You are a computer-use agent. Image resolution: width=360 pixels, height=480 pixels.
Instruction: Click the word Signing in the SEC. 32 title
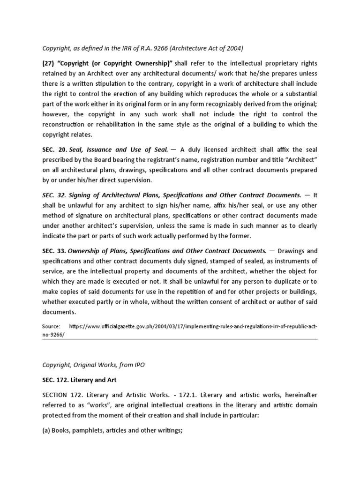click(83, 195)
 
